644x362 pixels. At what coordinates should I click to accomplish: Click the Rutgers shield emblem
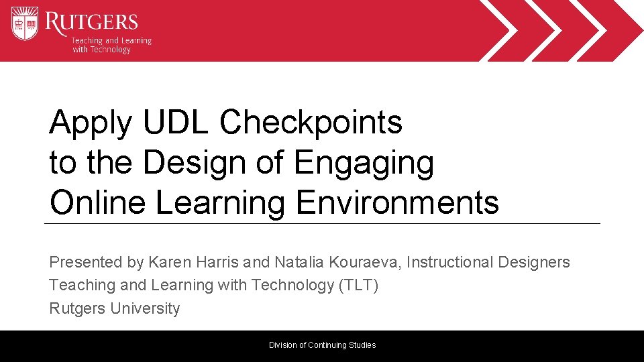[25, 23]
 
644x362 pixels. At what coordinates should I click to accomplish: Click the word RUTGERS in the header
[92, 21]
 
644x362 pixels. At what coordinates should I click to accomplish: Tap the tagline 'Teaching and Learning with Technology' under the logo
[111, 45]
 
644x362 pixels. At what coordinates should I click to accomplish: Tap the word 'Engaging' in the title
[364, 164]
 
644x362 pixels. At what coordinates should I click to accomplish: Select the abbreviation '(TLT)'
[359, 285]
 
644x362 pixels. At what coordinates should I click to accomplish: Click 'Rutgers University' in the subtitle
[115, 308]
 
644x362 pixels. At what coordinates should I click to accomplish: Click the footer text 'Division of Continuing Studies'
[322, 345]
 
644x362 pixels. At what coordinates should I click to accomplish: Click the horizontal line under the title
[322, 223]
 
